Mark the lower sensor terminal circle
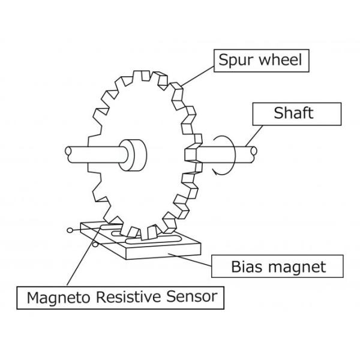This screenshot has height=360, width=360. [95, 245]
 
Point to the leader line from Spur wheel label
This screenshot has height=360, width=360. [198, 73]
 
